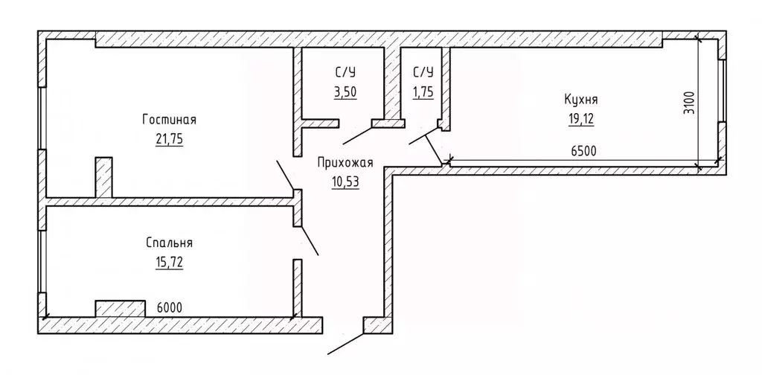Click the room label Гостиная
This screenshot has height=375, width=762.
(168, 120)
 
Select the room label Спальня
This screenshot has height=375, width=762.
(170, 243)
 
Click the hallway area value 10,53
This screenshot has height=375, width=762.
(344, 182)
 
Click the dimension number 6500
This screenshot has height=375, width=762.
(584, 151)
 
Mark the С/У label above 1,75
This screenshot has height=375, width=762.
(423, 72)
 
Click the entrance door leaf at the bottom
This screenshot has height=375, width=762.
(347, 342)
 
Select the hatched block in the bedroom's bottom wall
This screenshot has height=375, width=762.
(120, 309)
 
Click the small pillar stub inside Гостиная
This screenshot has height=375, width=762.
(103, 177)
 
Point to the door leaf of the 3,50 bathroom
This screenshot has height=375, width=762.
(358, 135)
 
